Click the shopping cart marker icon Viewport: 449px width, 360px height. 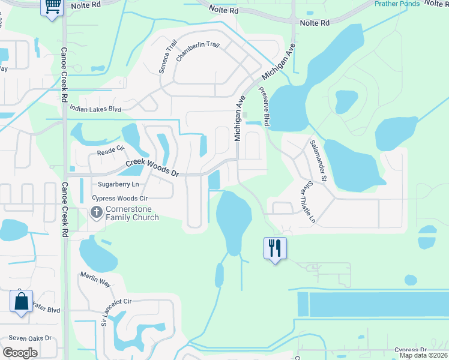click(x=53, y=7)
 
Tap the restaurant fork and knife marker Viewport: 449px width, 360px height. click(x=275, y=248)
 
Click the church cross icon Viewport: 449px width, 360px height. click(x=96, y=212)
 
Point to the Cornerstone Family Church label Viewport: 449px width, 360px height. click(x=132, y=213)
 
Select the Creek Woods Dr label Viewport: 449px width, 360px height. click(x=152, y=168)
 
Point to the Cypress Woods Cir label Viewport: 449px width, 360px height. click(x=119, y=198)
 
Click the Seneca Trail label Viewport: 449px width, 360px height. click(x=167, y=61)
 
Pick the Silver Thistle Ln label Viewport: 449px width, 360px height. click(x=304, y=203)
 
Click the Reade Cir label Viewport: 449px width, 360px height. click(x=110, y=152)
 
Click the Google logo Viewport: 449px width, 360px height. click(x=20, y=353)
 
